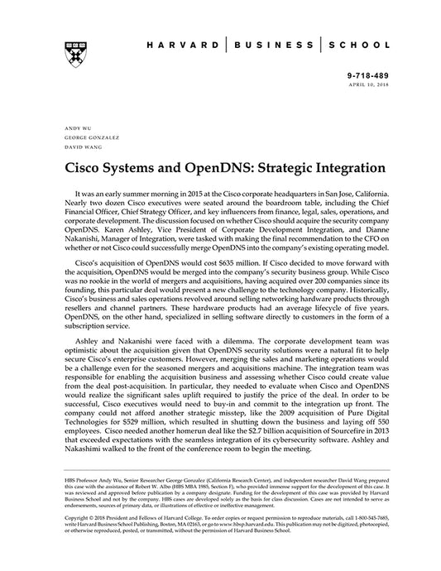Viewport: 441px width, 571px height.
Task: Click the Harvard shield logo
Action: click(66, 53)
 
